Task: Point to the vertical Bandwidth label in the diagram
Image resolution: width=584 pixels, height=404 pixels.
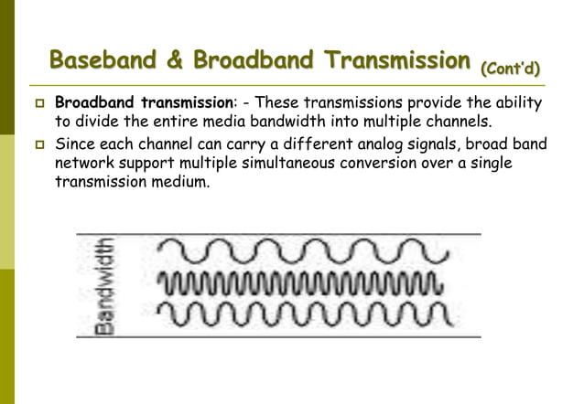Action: (108, 284)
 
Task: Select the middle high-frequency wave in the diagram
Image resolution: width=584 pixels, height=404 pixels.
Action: (302, 282)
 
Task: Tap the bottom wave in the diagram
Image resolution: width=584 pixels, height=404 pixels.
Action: (303, 314)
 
